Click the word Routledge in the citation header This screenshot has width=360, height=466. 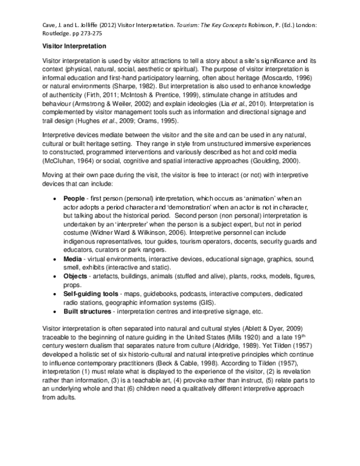coord(58,35)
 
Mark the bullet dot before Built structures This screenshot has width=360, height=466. coord(56,312)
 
